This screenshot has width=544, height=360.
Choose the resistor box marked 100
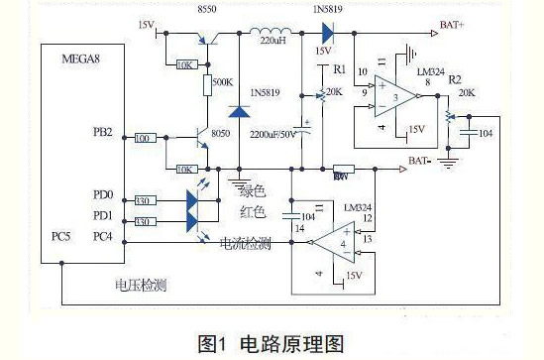[x=143, y=139]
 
